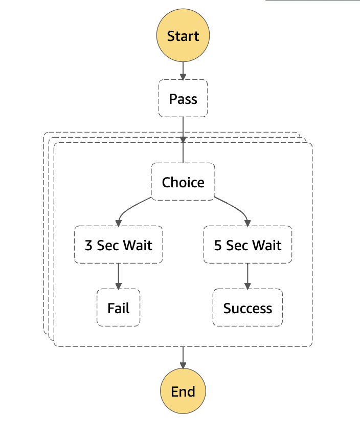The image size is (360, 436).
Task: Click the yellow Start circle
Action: point(183,36)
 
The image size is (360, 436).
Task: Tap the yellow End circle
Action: point(183,391)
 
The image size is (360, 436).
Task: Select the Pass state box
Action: point(183,98)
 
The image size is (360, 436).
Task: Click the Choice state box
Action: point(183,182)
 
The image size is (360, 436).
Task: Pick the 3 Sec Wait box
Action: point(119,245)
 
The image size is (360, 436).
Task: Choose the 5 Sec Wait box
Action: point(247,245)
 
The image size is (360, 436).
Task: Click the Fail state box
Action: point(119,308)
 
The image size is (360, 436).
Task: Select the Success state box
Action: point(247,308)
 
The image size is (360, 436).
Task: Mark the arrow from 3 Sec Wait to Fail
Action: point(119,276)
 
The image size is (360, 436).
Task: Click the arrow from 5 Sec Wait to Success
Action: point(247,276)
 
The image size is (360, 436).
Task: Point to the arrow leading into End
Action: point(183,358)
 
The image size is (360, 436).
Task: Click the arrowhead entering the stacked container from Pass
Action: point(183,139)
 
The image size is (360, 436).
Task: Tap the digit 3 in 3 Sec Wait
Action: point(89,245)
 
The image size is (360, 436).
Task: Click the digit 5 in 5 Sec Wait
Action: point(218,245)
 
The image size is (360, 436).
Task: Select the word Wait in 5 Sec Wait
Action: point(267,245)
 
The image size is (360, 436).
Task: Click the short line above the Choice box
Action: point(183,153)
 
